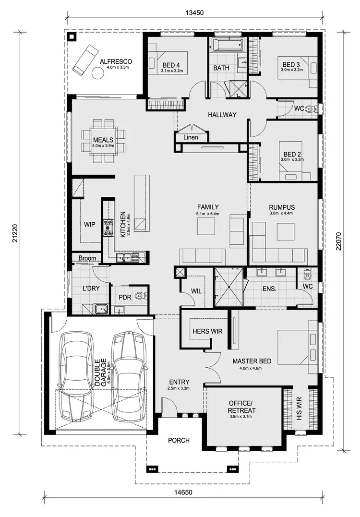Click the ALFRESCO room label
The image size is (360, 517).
click(x=115, y=62)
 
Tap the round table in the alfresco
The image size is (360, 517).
click(x=98, y=73)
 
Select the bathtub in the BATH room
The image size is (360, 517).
click(x=228, y=47)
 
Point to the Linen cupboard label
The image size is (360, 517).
click(x=191, y=138)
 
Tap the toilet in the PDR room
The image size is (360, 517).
click(x=140, y=296)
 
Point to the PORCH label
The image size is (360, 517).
click(x=179, y=440)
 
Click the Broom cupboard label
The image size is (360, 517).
click(x=87, y=258)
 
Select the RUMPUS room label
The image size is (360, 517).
click(x=282, y=207)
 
